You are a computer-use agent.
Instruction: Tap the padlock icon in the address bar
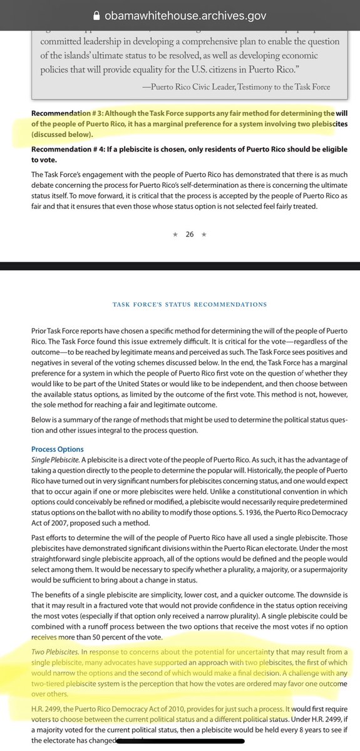tap(96, 13)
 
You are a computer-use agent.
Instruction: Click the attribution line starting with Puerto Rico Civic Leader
tap(240, 87)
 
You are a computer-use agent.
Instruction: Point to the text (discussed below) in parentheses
tap(61, 135)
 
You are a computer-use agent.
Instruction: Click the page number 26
tap(190, 234)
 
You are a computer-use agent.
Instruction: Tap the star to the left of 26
tap(175, 234)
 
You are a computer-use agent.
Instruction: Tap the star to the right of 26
tap(204, 234)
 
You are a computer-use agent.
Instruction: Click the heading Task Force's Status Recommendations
tap(189, 304)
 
